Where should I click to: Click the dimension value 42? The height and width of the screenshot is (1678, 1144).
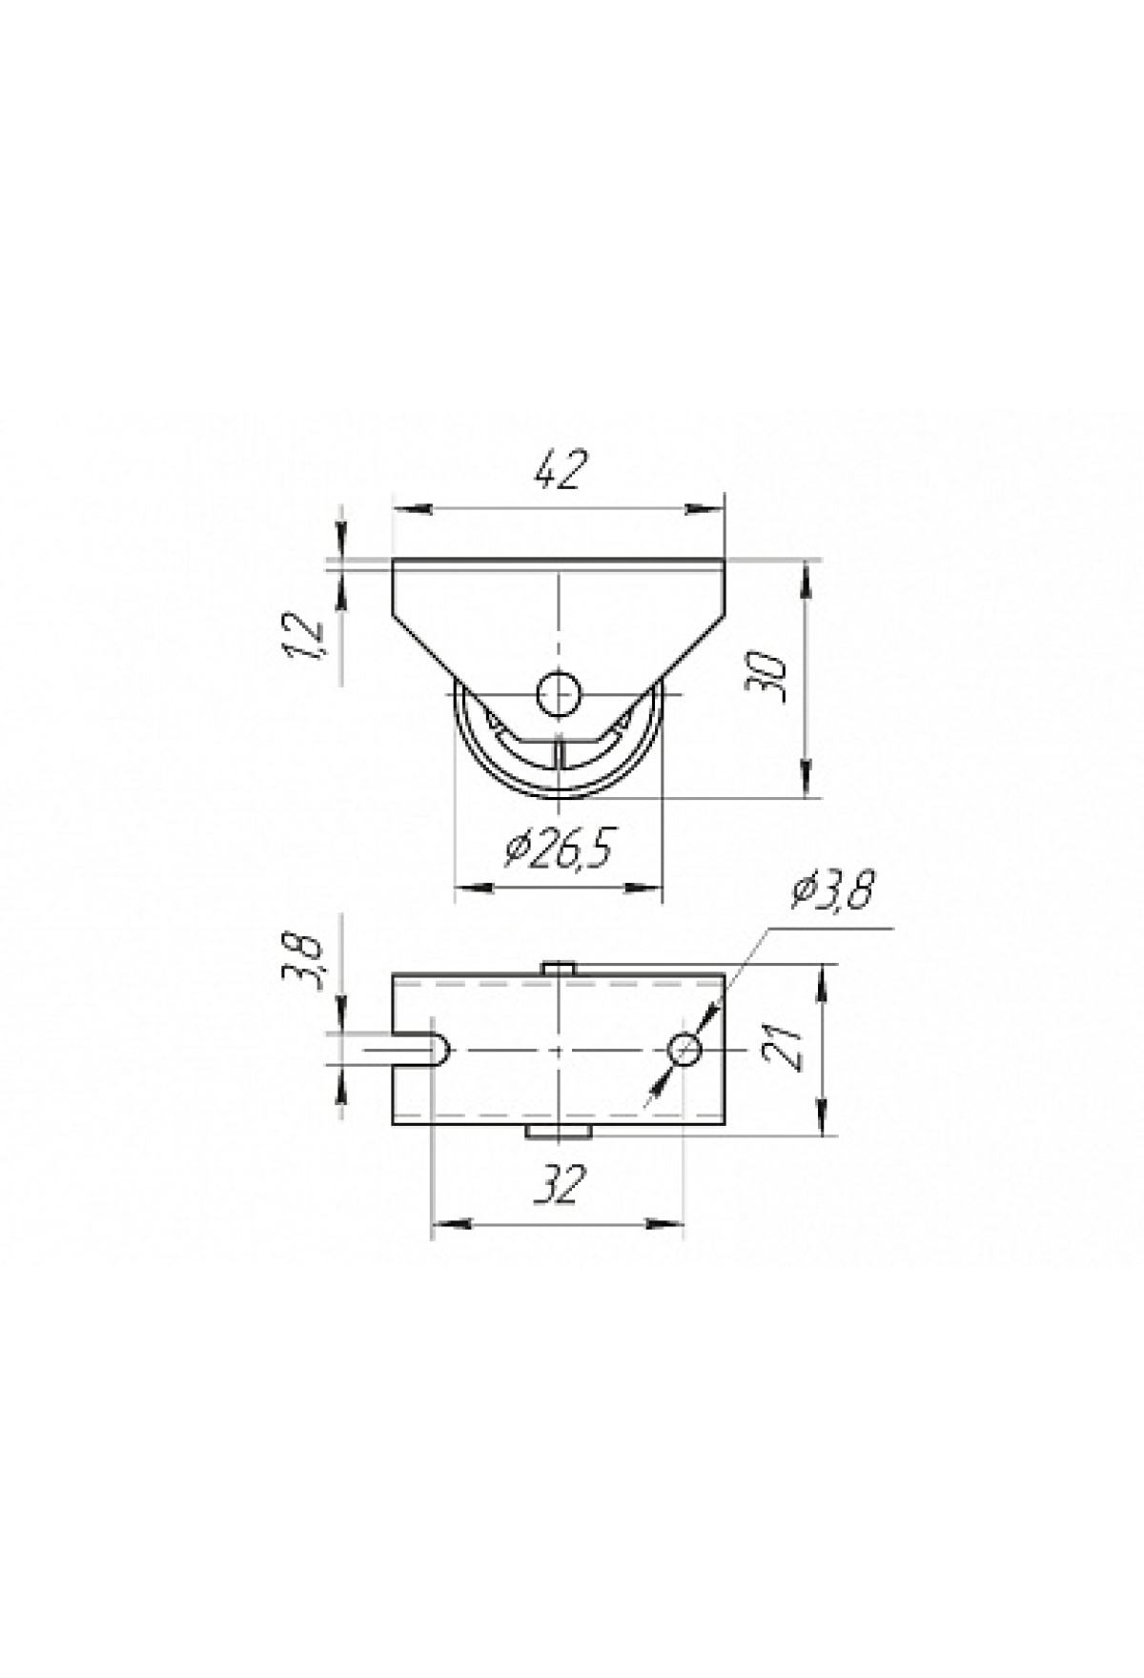click(557, 471)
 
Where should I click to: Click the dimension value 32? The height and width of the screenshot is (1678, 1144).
click(558, 1185)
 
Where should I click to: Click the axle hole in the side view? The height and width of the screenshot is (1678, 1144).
click(560, 693)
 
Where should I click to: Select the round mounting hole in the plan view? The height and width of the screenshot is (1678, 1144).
click(684, 1051)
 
